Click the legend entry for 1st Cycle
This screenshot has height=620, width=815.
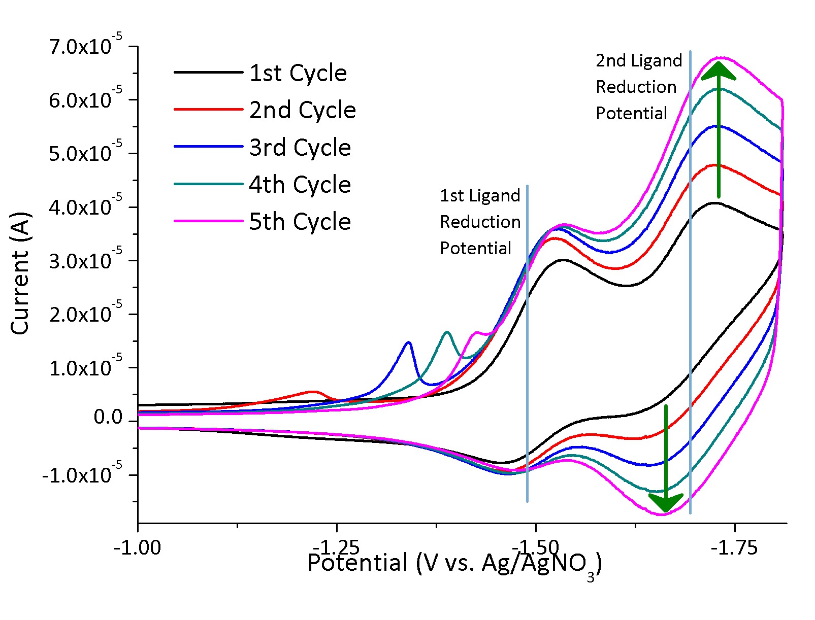(x=298, y=73)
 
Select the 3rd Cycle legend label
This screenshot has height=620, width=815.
(x=300, y=148)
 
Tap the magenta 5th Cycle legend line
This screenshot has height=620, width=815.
(x=208, y=221)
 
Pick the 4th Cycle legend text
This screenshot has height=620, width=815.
(x=300, y=185)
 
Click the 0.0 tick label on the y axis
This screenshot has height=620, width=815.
(x=108, y=417)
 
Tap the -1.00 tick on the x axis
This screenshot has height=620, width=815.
(x=138, y=548)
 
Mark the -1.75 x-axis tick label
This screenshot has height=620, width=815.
(x=734, y=548)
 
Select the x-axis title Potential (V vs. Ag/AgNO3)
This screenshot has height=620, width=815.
(x=454, y=564)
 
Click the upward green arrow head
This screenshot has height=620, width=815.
(x=719, y=71)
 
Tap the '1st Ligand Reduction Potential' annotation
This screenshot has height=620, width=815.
(x=480, y=222)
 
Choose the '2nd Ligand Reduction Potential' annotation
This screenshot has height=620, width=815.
(x=638, y=87)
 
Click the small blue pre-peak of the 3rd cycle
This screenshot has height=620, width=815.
(x=408, y=343)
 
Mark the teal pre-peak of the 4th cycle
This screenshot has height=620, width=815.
(x=447, y=332)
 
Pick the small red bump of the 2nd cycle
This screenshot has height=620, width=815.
(x=313, y=392)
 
